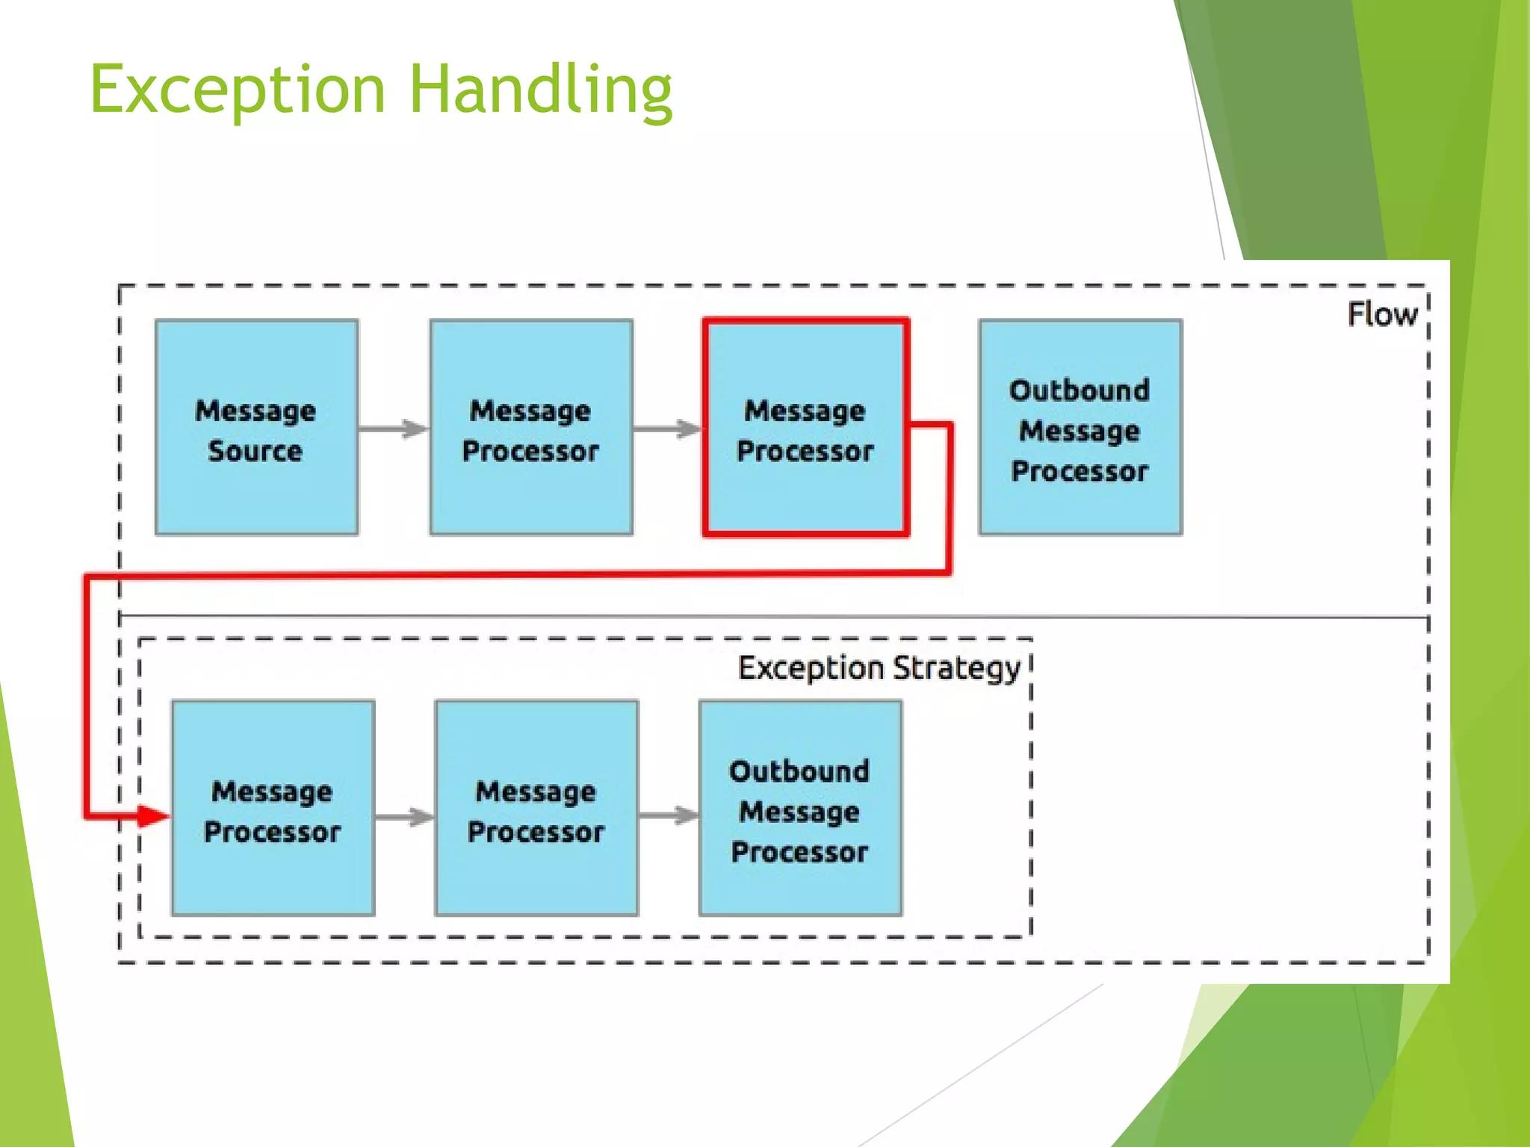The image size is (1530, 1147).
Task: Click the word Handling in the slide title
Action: click(x=541, y=90)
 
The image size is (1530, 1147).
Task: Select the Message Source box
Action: click(x=256, y=428)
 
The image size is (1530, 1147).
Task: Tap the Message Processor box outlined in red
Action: click(x=805, y=428)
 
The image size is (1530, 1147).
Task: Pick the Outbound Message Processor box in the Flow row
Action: click(x=1080, y=428)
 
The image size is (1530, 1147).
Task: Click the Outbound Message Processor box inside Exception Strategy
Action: click(x=800, y=809)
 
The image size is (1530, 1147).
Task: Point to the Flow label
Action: click(x=1382, y=314)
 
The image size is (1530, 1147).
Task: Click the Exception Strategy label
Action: click(x=879, y=668)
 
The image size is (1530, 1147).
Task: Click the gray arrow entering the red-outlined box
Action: click(x=668, y=429)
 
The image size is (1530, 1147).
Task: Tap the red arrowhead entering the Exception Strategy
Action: click(x=153, y=815)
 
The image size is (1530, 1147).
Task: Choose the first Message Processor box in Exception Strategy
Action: click(x=273, y=809)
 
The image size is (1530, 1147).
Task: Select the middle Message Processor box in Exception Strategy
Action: click(x=536, y=809)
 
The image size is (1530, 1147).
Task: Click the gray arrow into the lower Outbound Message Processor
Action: click(x=669, y=815)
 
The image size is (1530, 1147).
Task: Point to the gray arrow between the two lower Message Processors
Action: click(x=404, y=816)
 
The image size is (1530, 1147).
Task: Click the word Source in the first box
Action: click(x=255, y=451)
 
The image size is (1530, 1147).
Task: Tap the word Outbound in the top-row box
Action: click(x=1079, y=390)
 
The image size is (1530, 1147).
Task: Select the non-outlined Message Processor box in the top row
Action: click(x=531, y=428)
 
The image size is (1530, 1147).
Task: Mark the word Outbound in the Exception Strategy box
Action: click(x=799, y=771)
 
